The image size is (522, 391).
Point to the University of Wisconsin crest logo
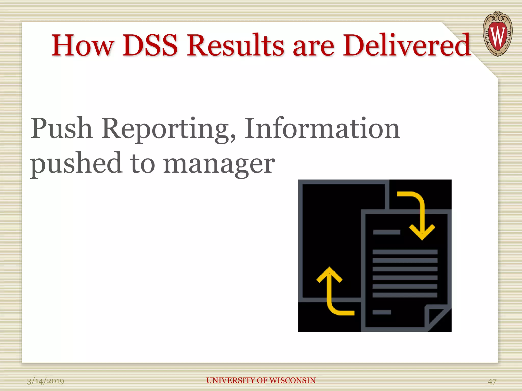click(498, 34)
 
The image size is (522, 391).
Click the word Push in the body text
click(61, 129)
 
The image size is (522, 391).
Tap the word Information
click(322, 129)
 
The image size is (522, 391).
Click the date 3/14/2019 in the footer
click(46, 381)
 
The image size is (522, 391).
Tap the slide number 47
click(492, 381)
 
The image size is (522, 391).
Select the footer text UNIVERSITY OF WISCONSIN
click(261, 380)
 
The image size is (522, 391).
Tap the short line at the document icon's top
click(386, 232)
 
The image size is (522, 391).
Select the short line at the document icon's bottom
click(382, 312)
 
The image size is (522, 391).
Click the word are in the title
click(313, 46)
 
